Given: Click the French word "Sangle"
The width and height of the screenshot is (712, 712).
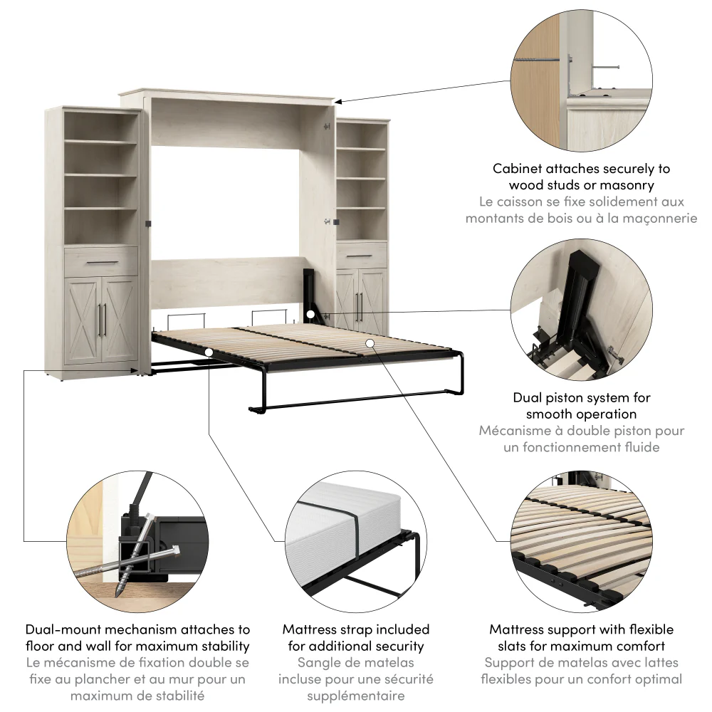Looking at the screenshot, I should (x=316, y=663).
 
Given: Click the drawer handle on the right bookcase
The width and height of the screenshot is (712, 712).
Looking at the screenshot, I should (x=362, y=255).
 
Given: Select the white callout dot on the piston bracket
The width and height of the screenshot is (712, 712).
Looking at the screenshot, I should (x=310, y=314).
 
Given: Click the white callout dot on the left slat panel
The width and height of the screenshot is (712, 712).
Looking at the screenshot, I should (x=207, y=351).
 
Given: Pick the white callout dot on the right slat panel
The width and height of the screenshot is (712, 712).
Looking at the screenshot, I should (x=370, y=344).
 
